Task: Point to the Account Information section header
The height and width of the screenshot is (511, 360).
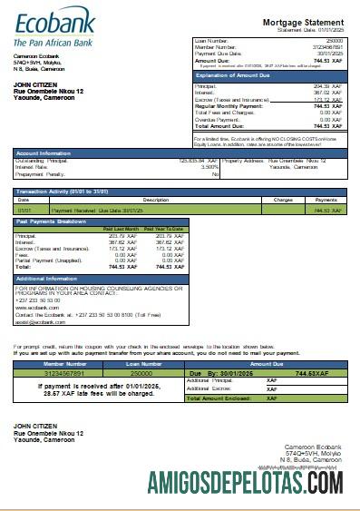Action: tap(44, 153)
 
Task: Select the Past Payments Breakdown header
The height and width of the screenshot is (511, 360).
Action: tap(52, 221)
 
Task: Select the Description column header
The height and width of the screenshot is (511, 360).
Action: tap(156, 199)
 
